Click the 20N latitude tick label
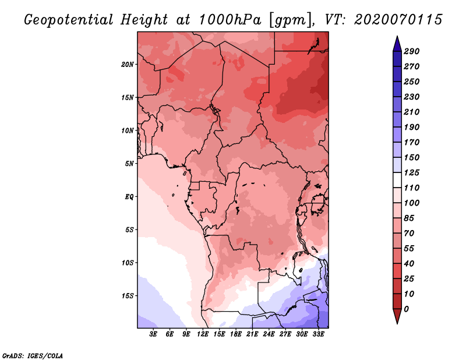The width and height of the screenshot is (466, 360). (128, 65)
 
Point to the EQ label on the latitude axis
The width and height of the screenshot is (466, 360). (129, 197)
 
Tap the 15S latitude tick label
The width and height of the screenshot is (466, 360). (128, 296)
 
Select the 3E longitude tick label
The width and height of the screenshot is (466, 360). (153, 334)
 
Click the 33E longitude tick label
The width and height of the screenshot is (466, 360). (318, 334)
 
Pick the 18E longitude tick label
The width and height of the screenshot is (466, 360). (236, 334)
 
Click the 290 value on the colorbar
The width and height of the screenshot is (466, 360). (412, 51)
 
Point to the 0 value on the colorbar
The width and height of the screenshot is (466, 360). (406, 309)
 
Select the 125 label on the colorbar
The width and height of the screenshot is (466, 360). (412, 172)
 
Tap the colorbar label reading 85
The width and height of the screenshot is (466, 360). (409, 218)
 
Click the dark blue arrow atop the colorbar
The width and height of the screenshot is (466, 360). (397, 44)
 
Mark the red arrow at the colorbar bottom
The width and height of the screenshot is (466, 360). (397, 316)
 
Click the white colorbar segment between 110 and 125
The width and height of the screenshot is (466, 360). (397, 180)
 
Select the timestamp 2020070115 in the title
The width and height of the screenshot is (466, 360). (398, 20)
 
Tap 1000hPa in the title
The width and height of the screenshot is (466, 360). (230, 20)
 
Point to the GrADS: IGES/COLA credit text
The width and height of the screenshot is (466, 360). (33, 356)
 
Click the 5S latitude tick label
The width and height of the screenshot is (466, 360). (129, 230)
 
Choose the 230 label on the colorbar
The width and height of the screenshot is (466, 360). (412, 97)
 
